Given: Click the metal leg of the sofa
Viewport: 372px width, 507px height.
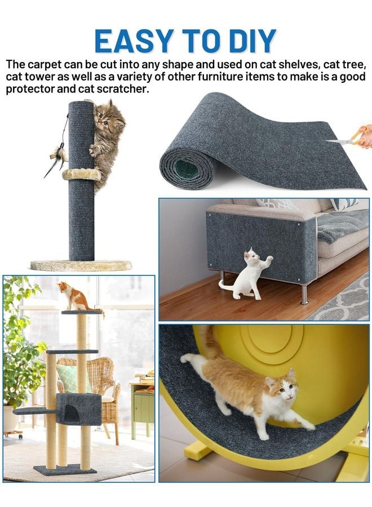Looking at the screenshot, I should tap(305, 293).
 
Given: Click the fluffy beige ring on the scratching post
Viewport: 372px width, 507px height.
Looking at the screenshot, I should tap(81, 175).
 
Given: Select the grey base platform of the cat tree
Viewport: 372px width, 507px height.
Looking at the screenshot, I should tap(65, 470).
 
